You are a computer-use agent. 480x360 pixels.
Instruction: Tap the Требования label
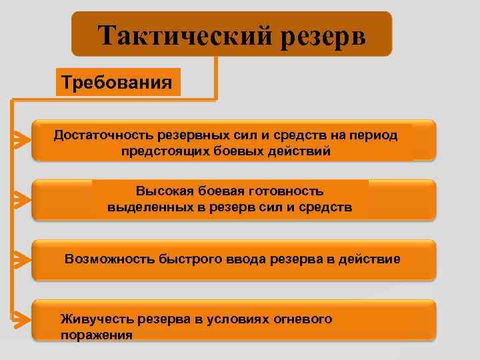pyautogui.click(x=117, y=83)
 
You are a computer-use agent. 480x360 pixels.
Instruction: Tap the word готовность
pyautogui.click(x=287, y=191)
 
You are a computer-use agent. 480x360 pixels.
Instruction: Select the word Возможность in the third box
pyautogui.click(x=109, y=259)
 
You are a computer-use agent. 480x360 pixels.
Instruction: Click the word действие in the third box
pyautogui.click(x=370, y=259)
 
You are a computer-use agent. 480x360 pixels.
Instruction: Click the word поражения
pyautogui.click(x=96, y=335)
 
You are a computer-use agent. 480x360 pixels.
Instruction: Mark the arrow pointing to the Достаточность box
pyautogui.click(x=21, y=139)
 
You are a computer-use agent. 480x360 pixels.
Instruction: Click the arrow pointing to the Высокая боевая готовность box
pyautogui.click(x=21, y=199)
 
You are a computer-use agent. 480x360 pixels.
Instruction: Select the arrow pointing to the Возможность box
pyautogui.click(x=21, y=259)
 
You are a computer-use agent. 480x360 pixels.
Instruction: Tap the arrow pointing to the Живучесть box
pyautogui.click(x=21, y=319)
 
